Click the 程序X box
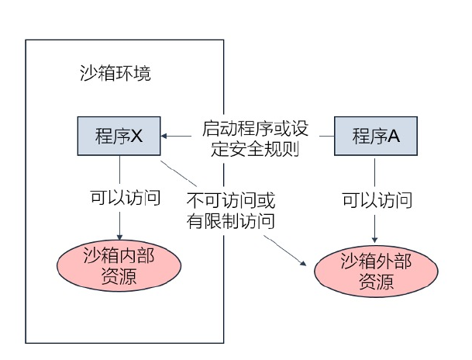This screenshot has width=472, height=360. point(119,136)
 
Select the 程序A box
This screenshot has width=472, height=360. point(376,136)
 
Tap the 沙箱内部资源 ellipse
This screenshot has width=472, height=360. point(119,267)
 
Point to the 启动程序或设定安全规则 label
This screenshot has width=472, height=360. point(248,137)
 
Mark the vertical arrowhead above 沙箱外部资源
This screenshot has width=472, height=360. point(376,239)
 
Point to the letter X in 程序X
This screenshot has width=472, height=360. point(137,137)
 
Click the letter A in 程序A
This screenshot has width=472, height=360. point(394,137)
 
